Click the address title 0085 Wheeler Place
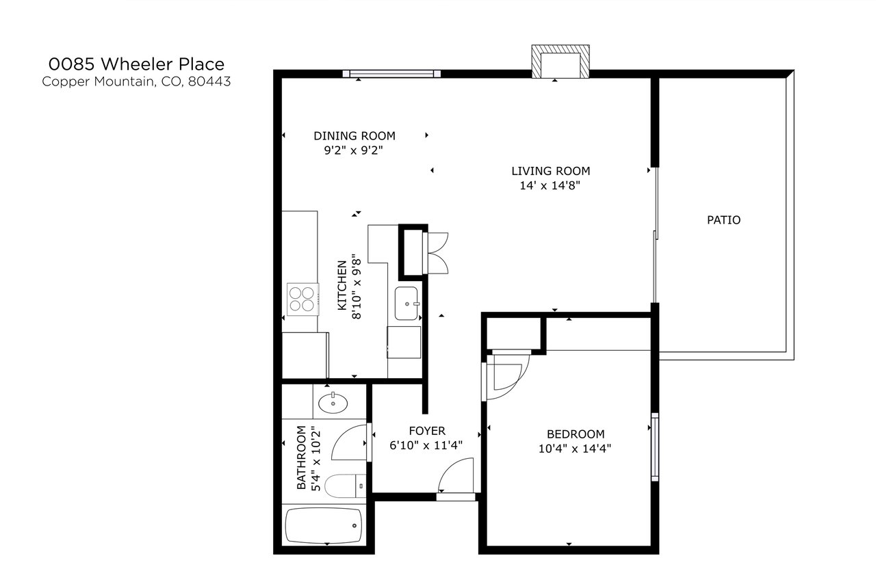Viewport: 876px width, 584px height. pos(136,64)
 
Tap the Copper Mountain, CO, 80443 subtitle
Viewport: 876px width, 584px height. pos(136,81)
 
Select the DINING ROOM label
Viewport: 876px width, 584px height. pos(355,136)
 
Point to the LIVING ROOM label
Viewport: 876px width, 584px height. pos(551,171)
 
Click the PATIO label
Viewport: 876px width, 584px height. pos(723,220)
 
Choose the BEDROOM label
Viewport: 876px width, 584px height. pos(576,434)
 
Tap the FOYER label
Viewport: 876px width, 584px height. pos(427,431)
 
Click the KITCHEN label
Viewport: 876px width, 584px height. pos(342,285)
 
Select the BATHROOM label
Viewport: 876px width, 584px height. pos(301,457)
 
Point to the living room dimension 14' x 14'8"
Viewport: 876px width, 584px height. pos(550,185)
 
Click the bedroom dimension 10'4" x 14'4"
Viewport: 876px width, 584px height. pos(574,449)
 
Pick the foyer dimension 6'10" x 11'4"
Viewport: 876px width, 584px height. pos(426,445)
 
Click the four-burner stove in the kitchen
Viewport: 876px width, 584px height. pos(302,299)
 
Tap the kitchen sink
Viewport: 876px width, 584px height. pos(407,304)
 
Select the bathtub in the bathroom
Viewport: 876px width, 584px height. pos(324,525)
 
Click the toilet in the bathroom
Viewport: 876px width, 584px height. pos(345,486)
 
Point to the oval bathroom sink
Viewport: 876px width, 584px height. pos(333,403)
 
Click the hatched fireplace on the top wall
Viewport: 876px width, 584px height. pos(561,62)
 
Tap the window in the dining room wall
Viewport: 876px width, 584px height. pos(391,73)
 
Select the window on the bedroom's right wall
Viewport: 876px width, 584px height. pos(655,447)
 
